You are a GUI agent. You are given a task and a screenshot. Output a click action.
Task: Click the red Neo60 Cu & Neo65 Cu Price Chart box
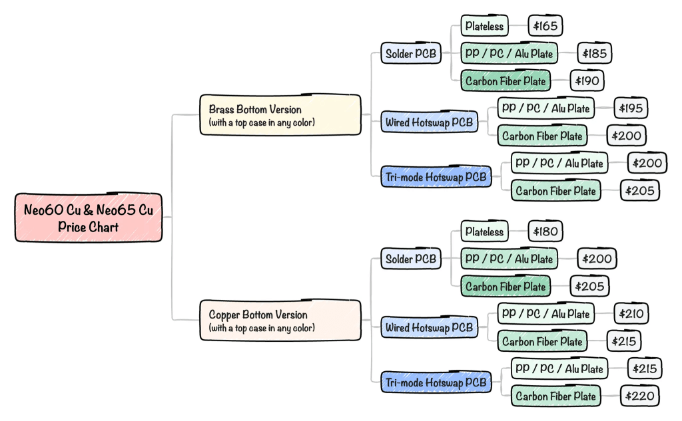click(x=88, y=217)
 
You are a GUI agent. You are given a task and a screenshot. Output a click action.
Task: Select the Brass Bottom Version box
click(x=280, y=115)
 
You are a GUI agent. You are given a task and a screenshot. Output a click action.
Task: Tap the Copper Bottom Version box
click(x=280, y=321)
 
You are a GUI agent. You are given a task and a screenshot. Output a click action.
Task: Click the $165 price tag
click(x=545, y=27)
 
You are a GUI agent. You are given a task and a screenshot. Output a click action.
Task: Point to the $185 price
click(x=593, y=54)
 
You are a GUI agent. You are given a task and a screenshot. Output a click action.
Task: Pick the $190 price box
click(x=588, y=82)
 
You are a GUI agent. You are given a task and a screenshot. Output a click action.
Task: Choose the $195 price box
click(x=629, y=108)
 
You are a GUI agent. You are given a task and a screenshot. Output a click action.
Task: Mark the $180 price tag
click(x=545, y=232)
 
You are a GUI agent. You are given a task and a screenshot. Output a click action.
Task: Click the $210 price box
click(x=629, y=313)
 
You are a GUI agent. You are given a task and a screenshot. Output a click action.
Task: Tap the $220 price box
click(x=641, y=396)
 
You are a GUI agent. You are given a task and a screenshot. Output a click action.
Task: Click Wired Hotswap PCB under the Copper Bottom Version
click(x=430, y=327)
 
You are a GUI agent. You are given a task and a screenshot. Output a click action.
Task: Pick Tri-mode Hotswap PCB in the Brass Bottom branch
click(x=436, y=177)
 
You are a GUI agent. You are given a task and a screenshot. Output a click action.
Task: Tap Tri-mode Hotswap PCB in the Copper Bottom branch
click(x=436, y=382)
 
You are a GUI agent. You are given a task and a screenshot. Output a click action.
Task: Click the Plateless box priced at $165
click(x=485, y=27)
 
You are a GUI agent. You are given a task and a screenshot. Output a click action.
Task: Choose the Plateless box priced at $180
click(x=485, y=232)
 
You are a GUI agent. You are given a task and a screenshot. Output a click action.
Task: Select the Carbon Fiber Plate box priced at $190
click(x=506, y=82)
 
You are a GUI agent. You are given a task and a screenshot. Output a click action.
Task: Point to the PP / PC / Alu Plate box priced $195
click(x=545, y=108)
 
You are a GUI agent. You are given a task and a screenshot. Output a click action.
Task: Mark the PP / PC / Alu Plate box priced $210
click(x=545, y=313)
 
